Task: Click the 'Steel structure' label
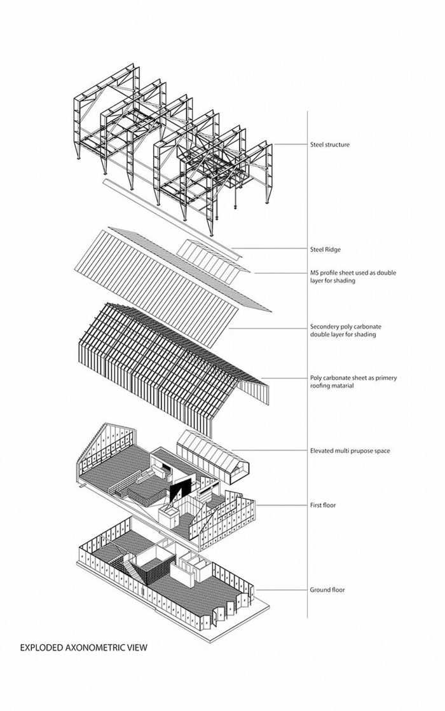pos(329,145)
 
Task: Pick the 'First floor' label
pos(322,505)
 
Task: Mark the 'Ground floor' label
pos(327,590)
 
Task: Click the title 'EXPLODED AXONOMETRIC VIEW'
pos(83,648)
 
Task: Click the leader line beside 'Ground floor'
pos(280,590)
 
